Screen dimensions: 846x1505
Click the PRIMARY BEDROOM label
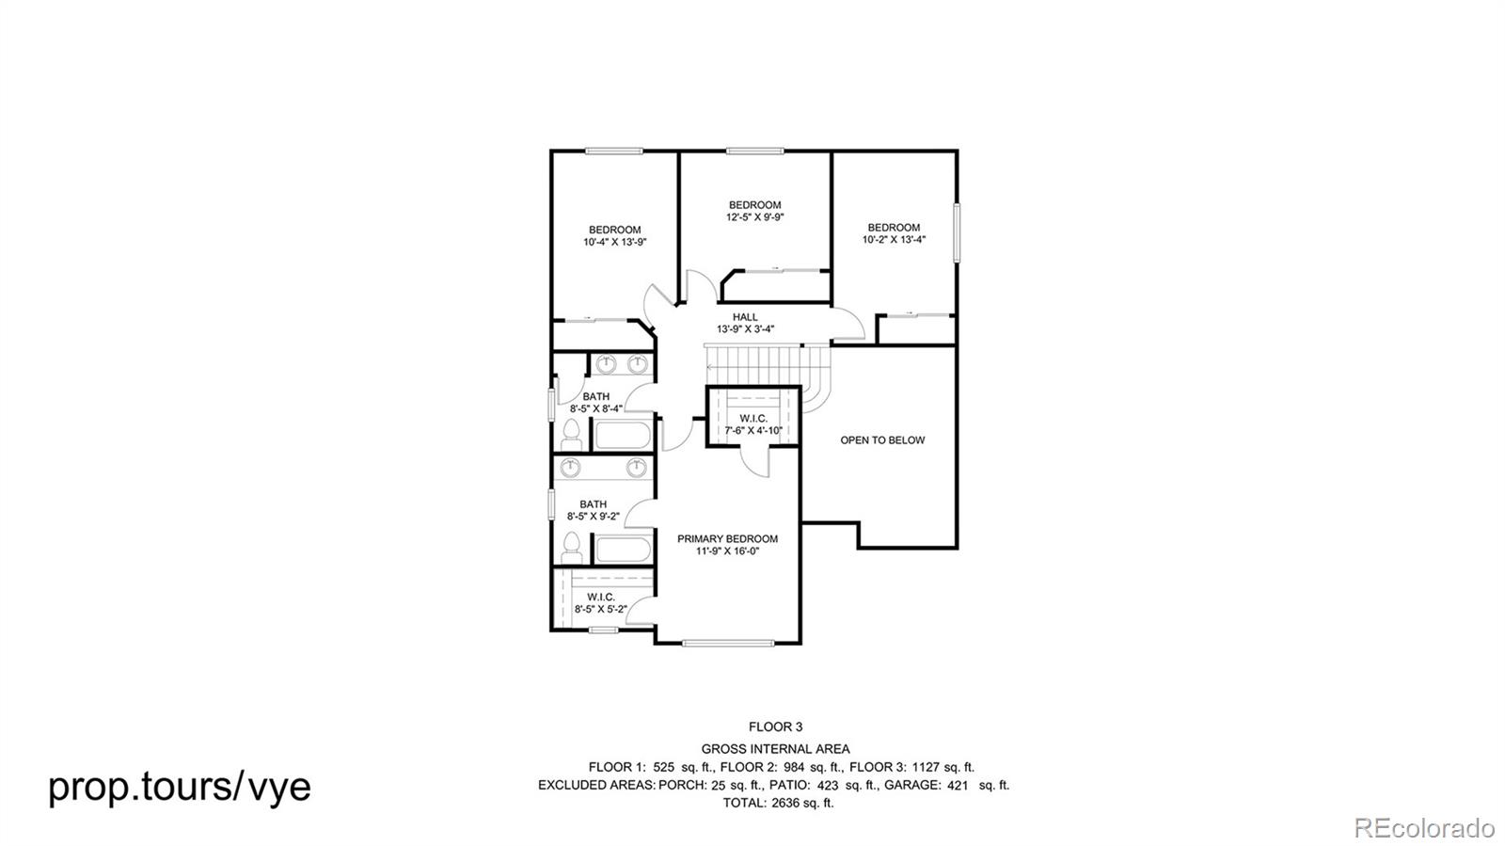click(727, 539)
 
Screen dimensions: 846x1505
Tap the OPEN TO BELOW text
click(881, 439)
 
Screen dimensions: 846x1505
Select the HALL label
click(745, 317)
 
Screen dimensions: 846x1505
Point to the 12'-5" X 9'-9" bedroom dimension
click(754, 217)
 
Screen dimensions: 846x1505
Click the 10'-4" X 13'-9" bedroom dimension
click(614, 242)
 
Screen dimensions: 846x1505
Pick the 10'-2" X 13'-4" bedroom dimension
click(894, 239)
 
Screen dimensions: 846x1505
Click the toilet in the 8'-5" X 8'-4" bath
click(570, 433)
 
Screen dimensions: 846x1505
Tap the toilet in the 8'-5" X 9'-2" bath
click(570, 546)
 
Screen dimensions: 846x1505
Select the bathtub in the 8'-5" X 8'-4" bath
click(621, 436)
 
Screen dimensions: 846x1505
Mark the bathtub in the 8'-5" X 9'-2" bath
click(621, 549)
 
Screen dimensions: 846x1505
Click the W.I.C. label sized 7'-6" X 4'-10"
click(753, 418)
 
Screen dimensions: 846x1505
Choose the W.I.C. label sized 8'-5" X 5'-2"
click(601, 597)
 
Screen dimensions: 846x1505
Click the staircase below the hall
click(757, 359)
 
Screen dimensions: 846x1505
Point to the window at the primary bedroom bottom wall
click(729, 644)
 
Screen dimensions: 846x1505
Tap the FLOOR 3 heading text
click(775, 726)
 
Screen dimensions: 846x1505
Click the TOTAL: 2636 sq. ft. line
click(778, 803)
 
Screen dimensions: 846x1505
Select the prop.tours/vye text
click(179, 786)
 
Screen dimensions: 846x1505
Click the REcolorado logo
click(1423, 828)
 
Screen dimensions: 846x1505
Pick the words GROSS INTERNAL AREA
click(775, 749)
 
